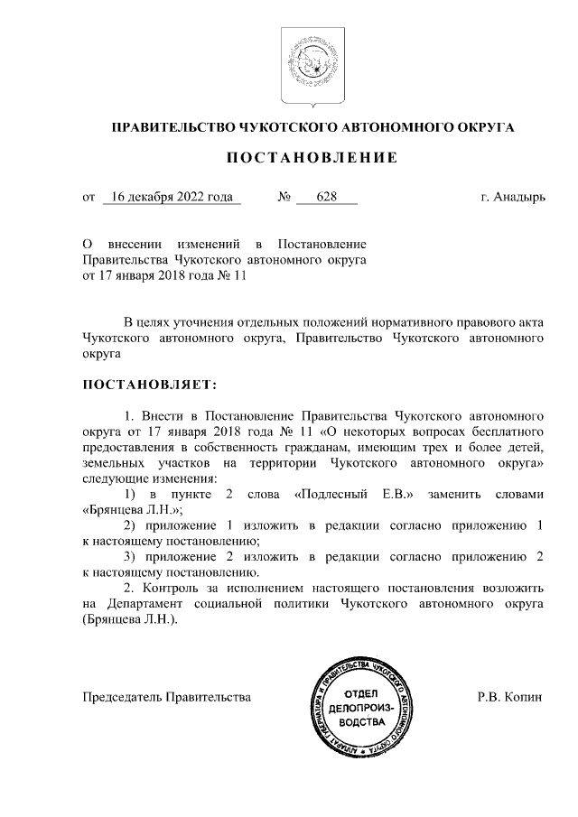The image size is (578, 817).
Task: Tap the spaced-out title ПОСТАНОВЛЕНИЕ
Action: (x=312, y=159)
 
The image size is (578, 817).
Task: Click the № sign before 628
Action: (x=283, y=196)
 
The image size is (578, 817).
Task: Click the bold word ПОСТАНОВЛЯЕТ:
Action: (x=150, y=385)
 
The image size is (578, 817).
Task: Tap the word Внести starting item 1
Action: (x=163, y=416)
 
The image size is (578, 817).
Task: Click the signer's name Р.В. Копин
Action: (x=510, y=697)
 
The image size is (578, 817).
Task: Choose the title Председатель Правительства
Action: (x=167, y=697)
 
